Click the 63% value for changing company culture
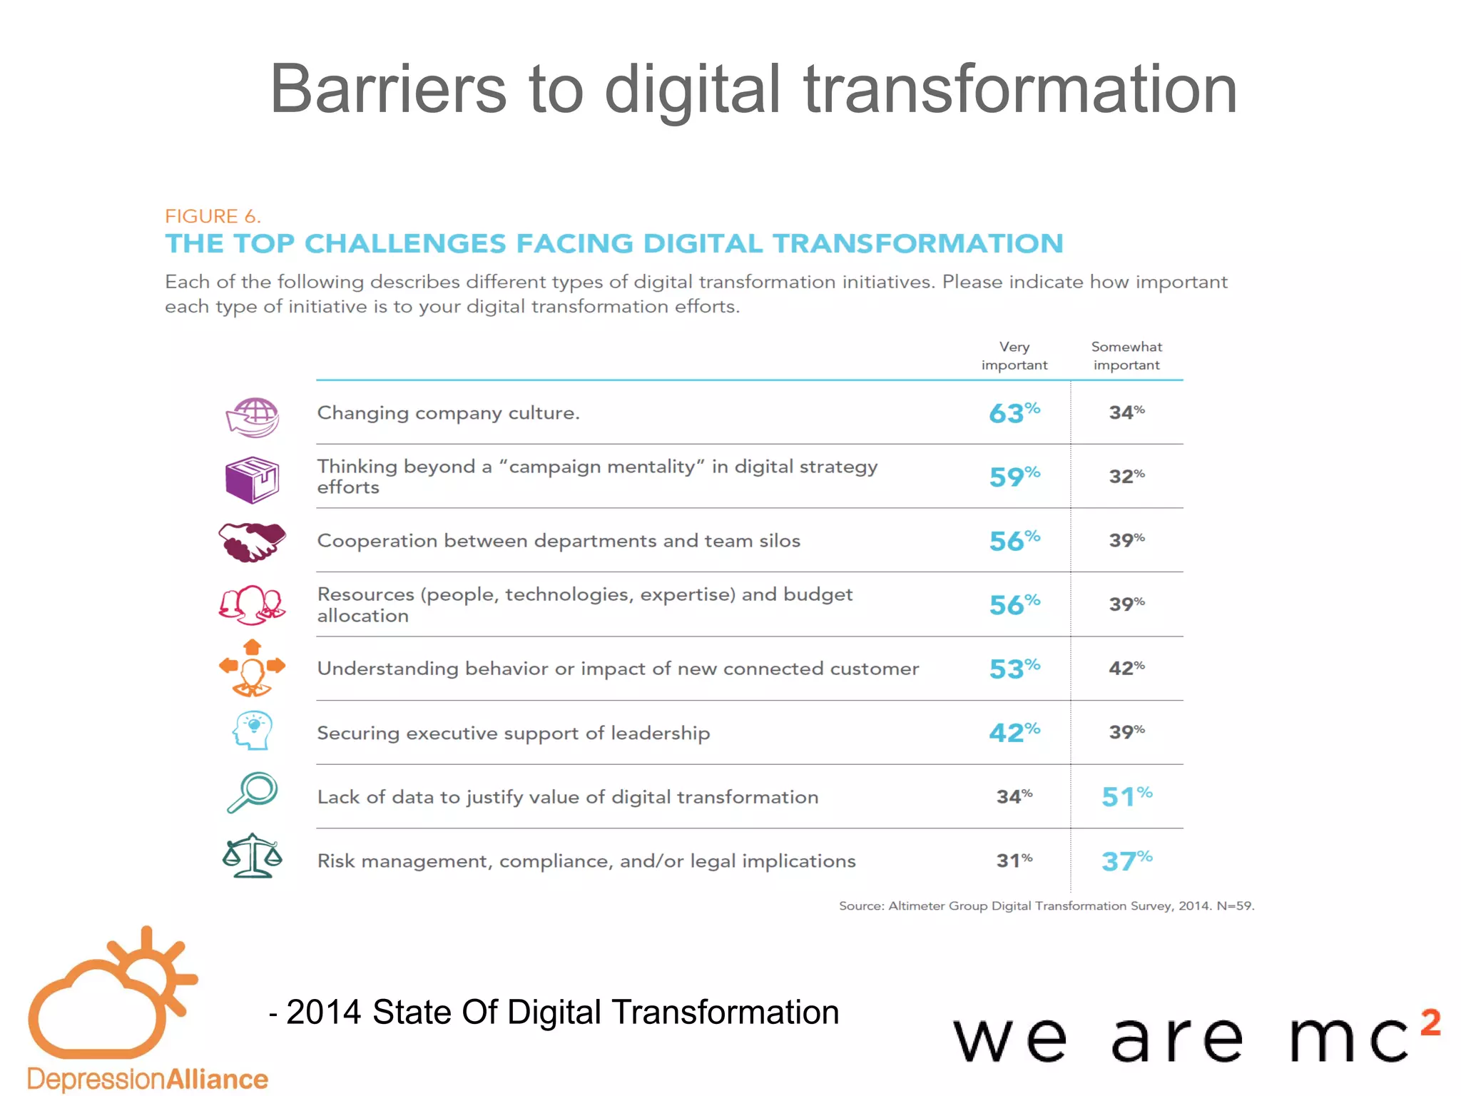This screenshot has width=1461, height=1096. coord(1014,412)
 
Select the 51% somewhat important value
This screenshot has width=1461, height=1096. coord(1126,796)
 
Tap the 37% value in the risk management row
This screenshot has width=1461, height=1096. coord(1126,861)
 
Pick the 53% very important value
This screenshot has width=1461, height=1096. coord(1014,669)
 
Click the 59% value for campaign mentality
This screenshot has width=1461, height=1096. coord(1014,476)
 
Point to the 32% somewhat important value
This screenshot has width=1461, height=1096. coord(1126,476)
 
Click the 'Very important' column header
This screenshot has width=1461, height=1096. coord(1014,355)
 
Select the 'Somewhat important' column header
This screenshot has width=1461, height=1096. coord(1126,355)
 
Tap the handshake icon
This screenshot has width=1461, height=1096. coord(252,542)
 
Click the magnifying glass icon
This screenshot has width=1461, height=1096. coord(252,792)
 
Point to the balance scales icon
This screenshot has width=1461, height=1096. coord(252,856)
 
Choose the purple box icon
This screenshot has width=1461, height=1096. coord(252,479)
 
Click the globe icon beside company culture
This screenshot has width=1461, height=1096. coord(253,417)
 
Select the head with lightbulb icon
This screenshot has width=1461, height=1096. coord(253,730)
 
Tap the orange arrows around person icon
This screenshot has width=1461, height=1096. coord(252,668)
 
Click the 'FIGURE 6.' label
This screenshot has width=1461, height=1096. coord(213,216)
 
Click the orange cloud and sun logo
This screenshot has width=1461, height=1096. coord(111,995)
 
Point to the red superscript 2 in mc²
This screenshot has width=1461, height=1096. coord(1430,1022)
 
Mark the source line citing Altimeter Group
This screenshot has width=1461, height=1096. coord(1046,905)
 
